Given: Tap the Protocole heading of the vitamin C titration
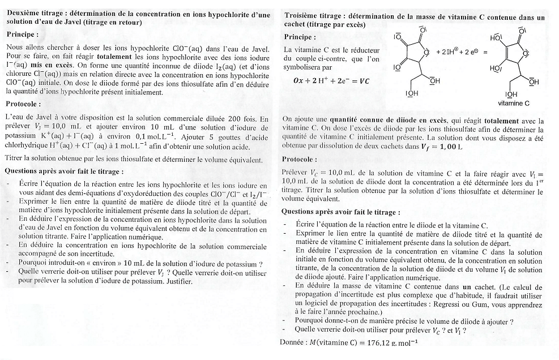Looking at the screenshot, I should (x=299, y=159).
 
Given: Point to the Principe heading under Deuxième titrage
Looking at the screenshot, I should (x=23, y=34).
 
